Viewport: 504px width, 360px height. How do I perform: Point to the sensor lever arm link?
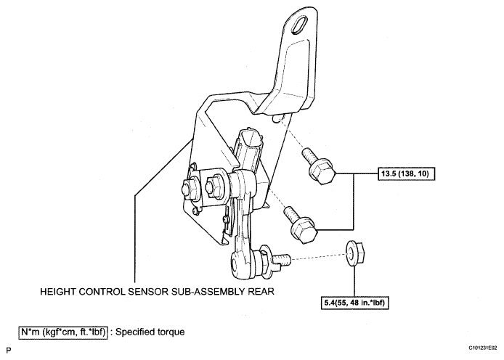[x=240, y=218]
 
